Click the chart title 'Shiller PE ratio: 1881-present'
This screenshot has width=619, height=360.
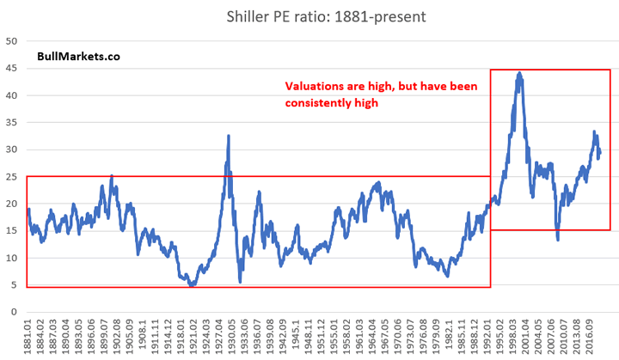tap(316, 15)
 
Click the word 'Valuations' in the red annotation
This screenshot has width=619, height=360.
tap(316, 87)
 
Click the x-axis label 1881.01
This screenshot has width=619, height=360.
tap(29, 336)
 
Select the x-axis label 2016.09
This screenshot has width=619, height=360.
tap(590, 336)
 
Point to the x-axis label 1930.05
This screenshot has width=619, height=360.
tap(233, 336)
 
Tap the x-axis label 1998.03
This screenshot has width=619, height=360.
tap(513, 336)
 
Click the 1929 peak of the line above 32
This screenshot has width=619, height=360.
tap(228, 136)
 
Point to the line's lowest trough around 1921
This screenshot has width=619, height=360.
tap(193, 284)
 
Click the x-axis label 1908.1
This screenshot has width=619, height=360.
tap(144, 336)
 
